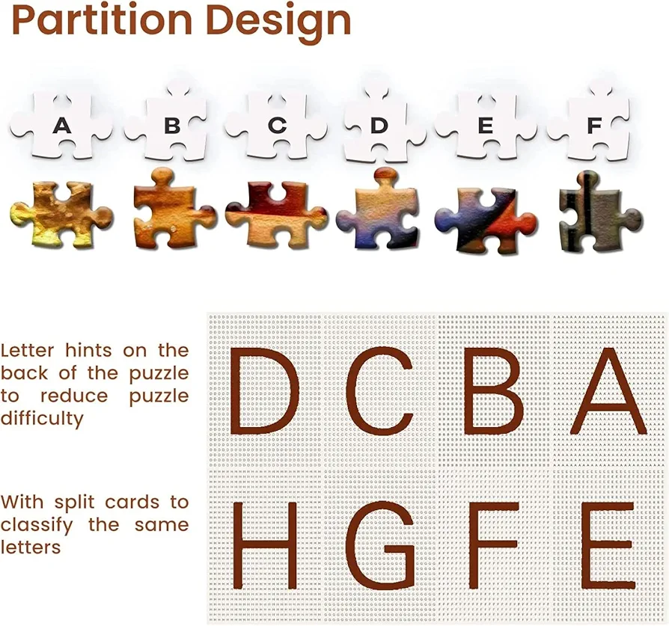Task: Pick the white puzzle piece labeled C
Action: click(276, 126)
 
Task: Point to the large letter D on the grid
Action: click(264, 390)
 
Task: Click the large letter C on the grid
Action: click(379, 390)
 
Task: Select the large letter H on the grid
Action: click(263, 545)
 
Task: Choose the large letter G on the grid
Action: click(380, 545)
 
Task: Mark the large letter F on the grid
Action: click(494, 545)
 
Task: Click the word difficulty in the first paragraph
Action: click(42, 419)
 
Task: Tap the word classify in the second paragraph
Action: click(37, 525)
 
